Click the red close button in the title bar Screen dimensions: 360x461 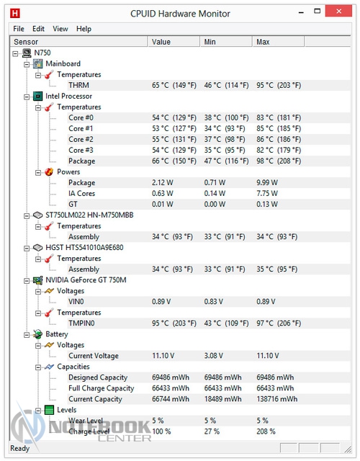(x=338, y=12)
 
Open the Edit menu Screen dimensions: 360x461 (x=38, y=29)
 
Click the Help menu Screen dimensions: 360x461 (x=84, y=29)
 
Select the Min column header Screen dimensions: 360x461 (x=210, y=42)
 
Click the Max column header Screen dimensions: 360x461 (x=263, y=42)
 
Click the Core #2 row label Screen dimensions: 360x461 (x=81, y=139)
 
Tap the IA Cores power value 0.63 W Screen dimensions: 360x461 (x=163, y=194)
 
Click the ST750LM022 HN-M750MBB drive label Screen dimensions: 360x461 (x=89, y=215)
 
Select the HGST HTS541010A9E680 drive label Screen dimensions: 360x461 (x=84, y=248)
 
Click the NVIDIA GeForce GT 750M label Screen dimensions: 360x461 (x=86, y=280)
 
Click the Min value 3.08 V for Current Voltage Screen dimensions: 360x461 (x=214, y=356)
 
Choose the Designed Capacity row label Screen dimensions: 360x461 (x=98, y=377)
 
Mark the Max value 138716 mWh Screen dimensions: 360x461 (x=276, y=399)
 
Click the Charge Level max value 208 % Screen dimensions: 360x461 (x=266, y=431)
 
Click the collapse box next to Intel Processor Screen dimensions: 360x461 (x=27, y=97)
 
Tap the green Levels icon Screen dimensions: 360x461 (x=50, y=410)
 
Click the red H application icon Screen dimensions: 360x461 (x=14, y=13)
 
